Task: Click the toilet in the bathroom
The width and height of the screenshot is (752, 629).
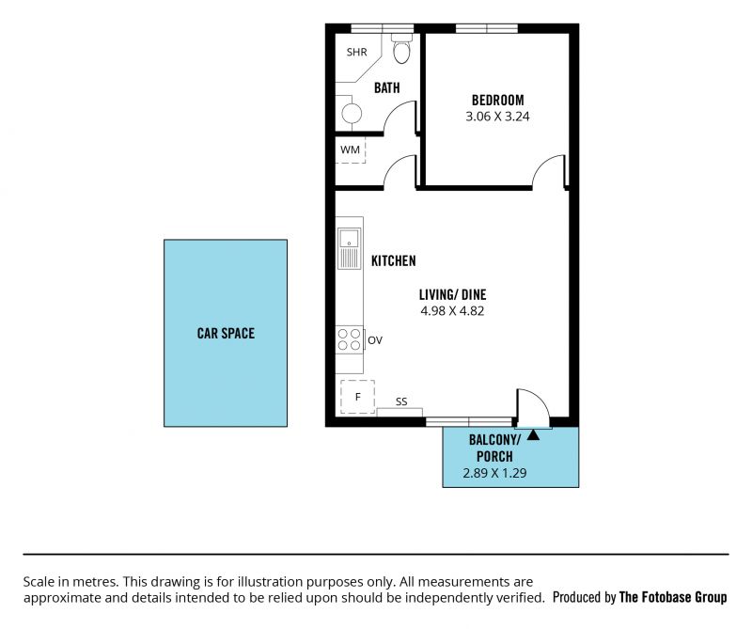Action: [402, 49]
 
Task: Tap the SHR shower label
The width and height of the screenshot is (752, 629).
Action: [357, 52]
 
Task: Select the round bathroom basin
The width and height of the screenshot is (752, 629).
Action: [352, 114]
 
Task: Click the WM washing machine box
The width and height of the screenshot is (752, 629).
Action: [350, 149]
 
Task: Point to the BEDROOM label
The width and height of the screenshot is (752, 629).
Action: [498, 101]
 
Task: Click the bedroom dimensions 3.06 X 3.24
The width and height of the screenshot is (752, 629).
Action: [498, 117]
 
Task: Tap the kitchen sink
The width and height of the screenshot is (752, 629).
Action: [349, 248]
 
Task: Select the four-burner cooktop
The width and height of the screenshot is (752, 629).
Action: [349, 339]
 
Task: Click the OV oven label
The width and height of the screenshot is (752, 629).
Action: [375, 340]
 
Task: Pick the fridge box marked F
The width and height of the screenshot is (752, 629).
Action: [358, 397]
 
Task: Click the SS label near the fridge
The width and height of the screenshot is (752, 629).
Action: [401, 401]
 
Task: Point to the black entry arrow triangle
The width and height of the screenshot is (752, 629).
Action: [533, 434]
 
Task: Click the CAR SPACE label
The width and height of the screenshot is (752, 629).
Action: [226, 333]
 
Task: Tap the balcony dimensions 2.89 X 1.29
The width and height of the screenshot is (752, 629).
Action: [494, 473]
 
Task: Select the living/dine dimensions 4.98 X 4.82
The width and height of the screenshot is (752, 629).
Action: [452, 311]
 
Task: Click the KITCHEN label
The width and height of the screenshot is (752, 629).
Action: [394, 261]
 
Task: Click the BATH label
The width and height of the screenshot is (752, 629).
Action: [387, 87]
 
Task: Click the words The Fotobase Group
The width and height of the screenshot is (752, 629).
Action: [673, 597]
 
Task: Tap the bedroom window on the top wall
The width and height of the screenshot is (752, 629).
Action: [487, 28]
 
